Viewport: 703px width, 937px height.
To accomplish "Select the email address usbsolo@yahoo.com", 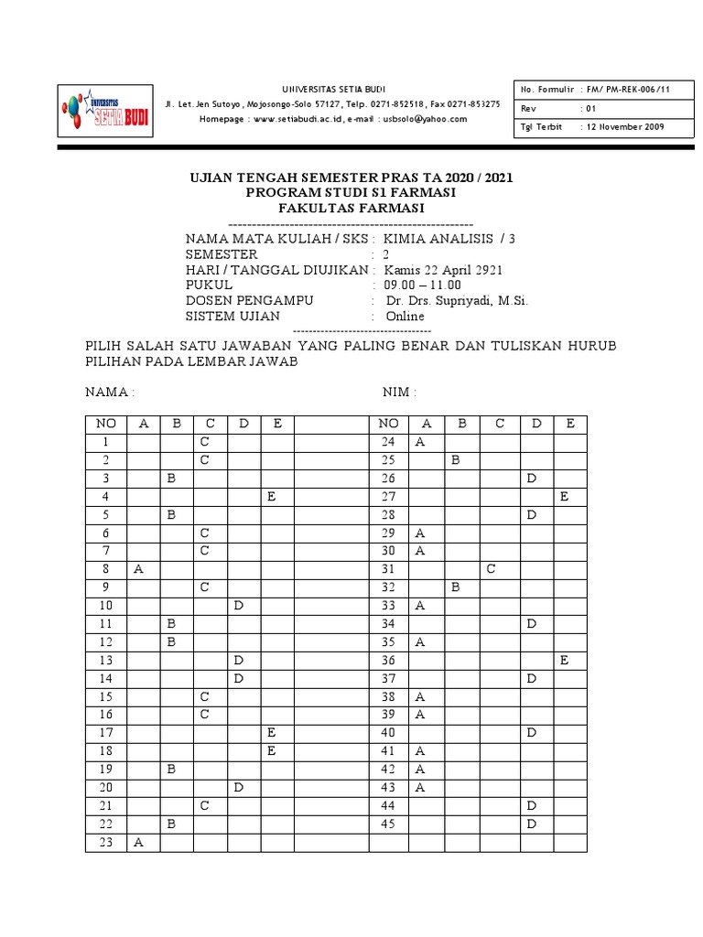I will tap(425, 119).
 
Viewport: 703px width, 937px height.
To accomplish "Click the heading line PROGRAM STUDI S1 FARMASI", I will tap(351, 192).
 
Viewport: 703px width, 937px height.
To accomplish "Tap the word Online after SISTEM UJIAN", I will tap(405, 316).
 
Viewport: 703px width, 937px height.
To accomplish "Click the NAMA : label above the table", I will tap(110, 392).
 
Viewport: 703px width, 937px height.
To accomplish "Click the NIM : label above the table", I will tap(399, 392).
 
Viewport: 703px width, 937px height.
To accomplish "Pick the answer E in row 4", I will tap(272, 497).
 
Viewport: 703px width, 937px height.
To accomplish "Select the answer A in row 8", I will tap(139, 567).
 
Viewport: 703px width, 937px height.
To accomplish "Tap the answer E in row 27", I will tap(565, 497).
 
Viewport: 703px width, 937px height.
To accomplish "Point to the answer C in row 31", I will tap(491, 568).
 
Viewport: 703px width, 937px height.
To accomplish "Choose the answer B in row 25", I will tap(455, 460).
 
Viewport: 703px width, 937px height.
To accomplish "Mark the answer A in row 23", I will tap(139, 843).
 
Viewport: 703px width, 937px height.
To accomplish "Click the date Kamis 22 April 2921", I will tap(443, 270).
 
